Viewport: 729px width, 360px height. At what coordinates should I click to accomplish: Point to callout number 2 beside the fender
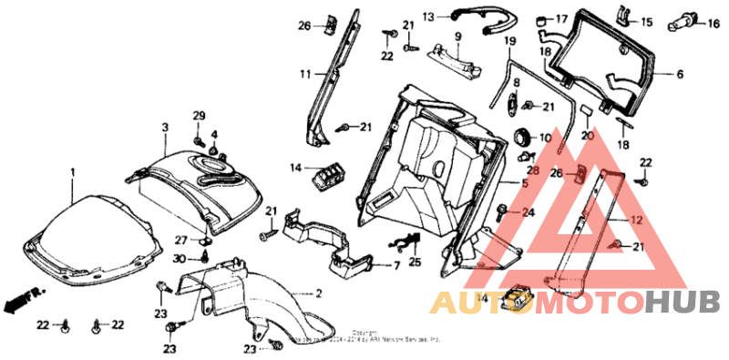coord(319,293)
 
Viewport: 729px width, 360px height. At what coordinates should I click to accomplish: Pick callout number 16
coord(714,25)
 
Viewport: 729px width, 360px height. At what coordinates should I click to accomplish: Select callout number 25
coord(416,262)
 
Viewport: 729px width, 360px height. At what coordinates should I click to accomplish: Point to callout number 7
coord(396,266)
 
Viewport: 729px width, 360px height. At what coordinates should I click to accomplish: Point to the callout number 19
coord(509,42)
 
